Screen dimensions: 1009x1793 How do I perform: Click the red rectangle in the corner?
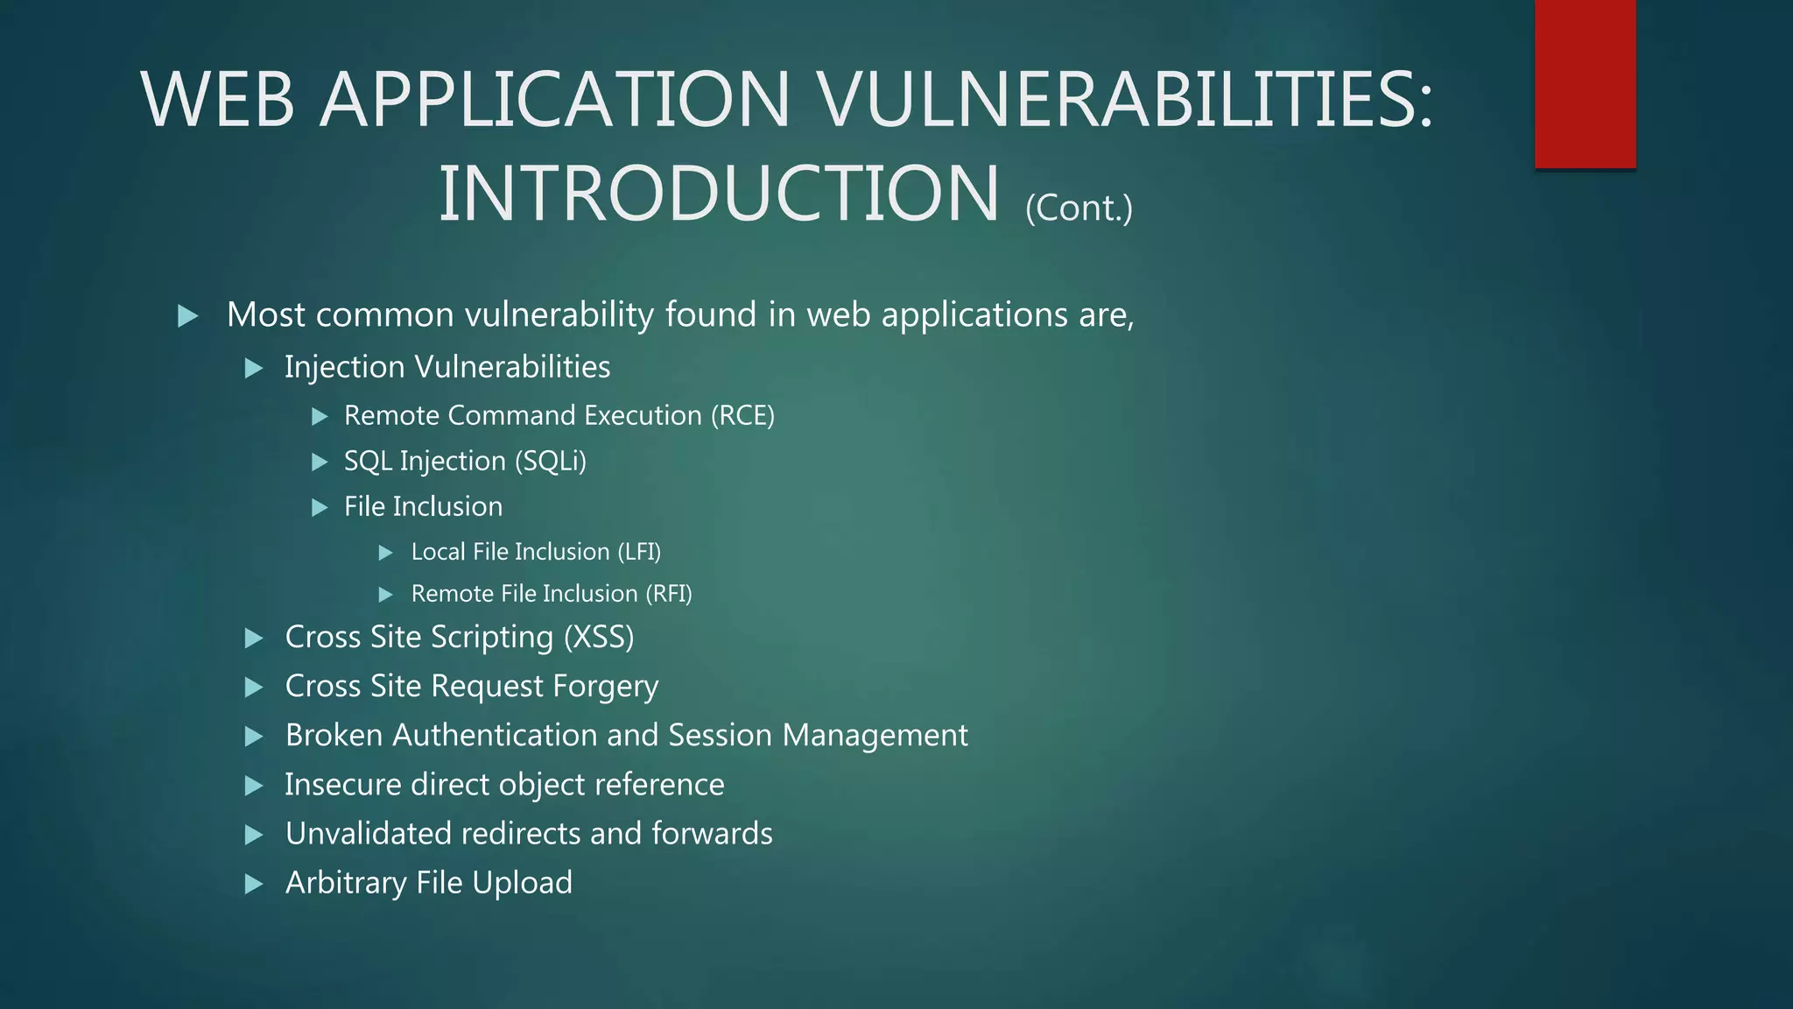(1585, 83)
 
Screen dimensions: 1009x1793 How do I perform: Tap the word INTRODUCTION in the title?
(718, 194)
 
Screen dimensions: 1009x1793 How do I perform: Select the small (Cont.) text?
(1079, 208)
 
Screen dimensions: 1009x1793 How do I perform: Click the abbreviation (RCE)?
(742, 415)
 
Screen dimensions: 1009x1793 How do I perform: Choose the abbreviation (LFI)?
(639, 552)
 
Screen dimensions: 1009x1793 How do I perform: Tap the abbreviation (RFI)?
(669, 594)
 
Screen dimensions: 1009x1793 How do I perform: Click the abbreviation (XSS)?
(599, 637)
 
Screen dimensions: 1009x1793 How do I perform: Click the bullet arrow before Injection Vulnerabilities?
(254, 368)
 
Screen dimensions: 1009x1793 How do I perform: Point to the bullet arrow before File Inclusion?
(320, 507)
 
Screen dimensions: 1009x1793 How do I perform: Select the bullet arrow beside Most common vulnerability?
(187, 316)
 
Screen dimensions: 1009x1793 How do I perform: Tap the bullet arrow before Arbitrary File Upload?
(254, 884)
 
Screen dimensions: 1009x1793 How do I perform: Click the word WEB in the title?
(217, 100)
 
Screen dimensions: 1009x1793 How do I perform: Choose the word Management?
(875, 735)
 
